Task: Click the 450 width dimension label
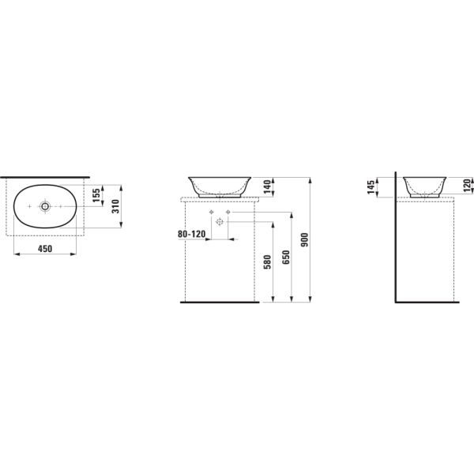45,249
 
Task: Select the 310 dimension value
116,206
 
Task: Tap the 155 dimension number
96,196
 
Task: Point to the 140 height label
267,186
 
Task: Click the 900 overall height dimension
305,239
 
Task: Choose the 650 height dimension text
286,258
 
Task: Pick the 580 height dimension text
267,261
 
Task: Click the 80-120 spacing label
192,234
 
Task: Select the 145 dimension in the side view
371,186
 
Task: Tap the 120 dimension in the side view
468,186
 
